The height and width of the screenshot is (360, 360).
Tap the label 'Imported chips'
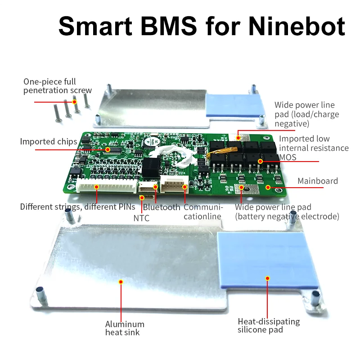point(48,142)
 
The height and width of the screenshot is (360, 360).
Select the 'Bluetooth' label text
point(162,207)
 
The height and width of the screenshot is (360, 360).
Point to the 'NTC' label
point(141,218)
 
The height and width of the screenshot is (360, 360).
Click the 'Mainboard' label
point(317,181)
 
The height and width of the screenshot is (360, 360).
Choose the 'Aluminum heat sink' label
point(125,328)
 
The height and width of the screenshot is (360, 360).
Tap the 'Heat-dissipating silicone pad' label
point(268,326)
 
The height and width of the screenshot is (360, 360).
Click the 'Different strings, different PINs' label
point(77,207)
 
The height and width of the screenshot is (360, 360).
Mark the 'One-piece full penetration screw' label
point(57,86)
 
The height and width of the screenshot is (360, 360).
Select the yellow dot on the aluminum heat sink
point(120,282)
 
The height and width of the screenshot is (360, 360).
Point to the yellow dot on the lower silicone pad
point(268,278)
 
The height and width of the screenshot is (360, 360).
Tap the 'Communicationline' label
point(203,211)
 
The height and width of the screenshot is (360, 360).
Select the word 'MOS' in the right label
point(288,157)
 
